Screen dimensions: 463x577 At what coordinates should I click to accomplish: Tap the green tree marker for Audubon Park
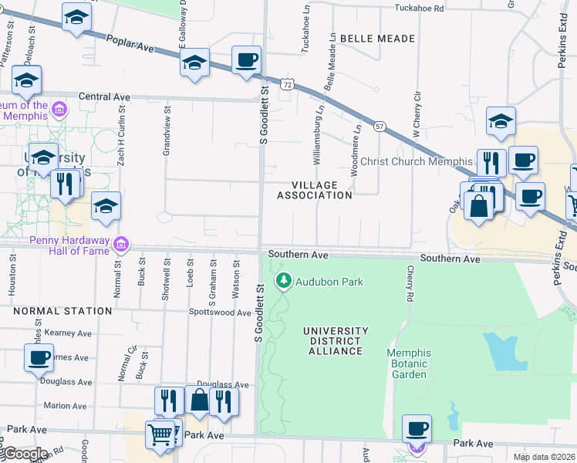pyautogui.click(x=284, y=281)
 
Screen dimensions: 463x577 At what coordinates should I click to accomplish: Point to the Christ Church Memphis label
pyautogui.click(x=417, y=162)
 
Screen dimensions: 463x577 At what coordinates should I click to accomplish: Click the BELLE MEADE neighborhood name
pyautogui.click(x=377, y=38)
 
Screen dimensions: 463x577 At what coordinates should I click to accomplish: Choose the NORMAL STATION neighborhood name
pyautogui.click(x=62, y=311)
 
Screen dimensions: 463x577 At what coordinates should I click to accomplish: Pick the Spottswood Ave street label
pyautogui.click(x=221, y=313)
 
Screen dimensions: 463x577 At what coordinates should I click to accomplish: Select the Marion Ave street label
pyautogui.click(x=65, y=405)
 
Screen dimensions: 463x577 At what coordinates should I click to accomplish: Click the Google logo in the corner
pyautogui.click(x=25, y=454)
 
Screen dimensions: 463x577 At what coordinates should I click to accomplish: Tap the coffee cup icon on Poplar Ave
pyautogui.click(x=246, y=60)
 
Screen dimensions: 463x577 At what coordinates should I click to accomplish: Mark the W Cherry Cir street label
pyautogui.click(x=417, y=115)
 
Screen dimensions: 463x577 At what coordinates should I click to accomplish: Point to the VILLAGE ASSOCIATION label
pyautogui.click(x=315, y=191)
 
